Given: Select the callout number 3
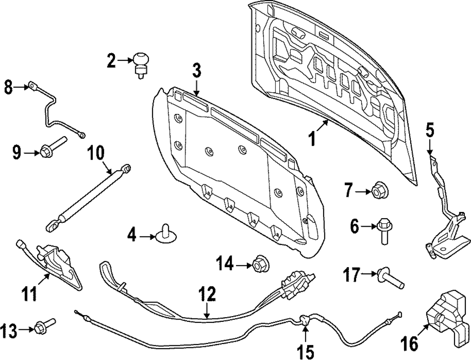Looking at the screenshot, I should pyautogui.click(x=196, y=72).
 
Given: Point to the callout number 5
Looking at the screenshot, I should pyautogui.click(x=429, y=129).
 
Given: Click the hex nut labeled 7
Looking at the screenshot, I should pyautogui.click(x=379, y=191).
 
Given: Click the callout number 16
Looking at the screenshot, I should pyautogui.click(x=410, y=344).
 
